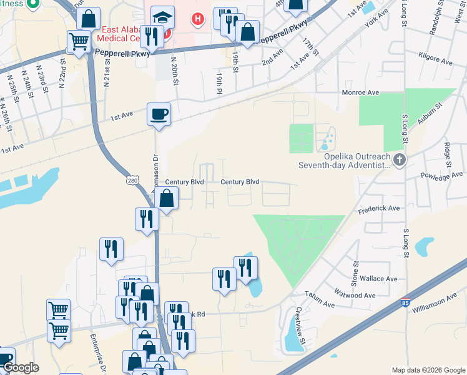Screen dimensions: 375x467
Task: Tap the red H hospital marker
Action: [x=198, y=19]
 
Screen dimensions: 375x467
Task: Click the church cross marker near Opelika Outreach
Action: [x=400, y=159]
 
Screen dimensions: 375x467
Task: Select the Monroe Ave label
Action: [x=360, y=92]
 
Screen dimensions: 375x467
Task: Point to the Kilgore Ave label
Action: [x=436, y=62]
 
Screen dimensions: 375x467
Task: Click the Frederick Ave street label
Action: [x=378, y=208]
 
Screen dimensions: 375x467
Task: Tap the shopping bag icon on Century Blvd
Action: [x=167, y=199]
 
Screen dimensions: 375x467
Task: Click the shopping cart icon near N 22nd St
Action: [x=79, y=42]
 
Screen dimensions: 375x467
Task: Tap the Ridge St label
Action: [x=448, y=152]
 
